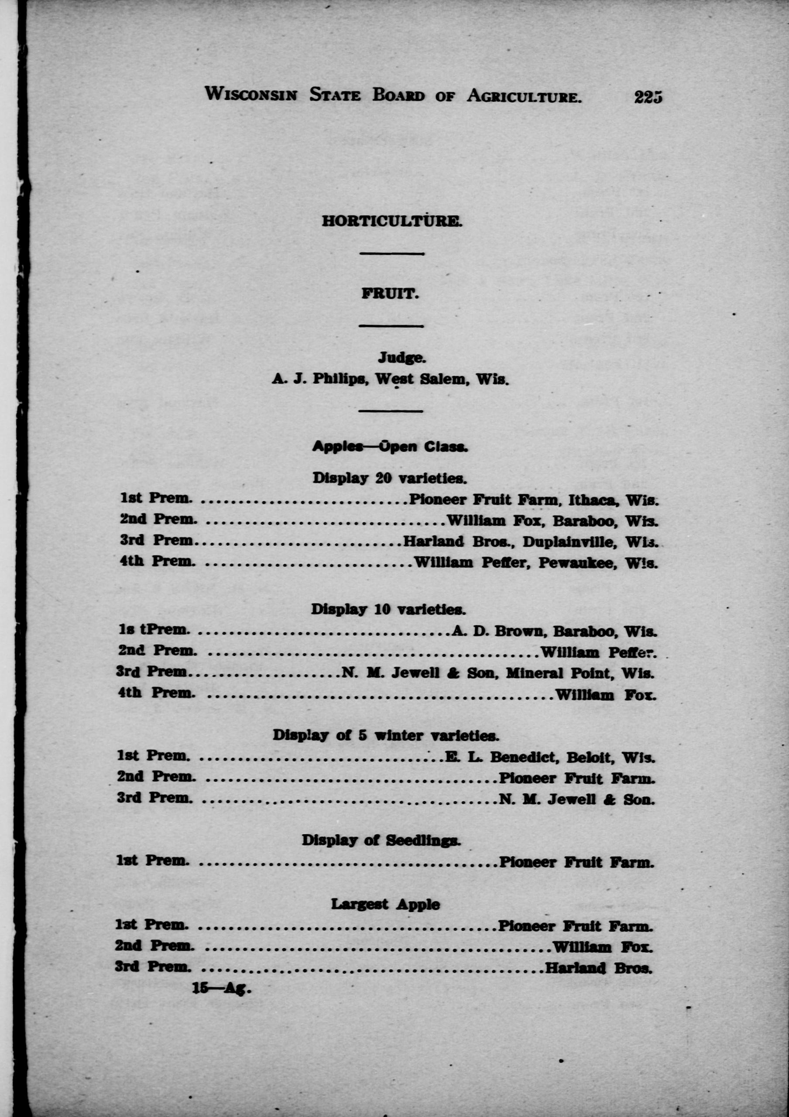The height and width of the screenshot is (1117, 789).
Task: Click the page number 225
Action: point(648,97)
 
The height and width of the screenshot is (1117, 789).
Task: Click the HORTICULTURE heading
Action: point(391,221)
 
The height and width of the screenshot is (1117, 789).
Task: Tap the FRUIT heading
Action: point(390,294)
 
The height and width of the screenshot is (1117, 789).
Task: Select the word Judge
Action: point(402,358)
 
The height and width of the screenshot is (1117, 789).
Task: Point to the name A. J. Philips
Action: point(319,379)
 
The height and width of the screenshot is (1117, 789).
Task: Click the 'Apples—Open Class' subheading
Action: point(390,447)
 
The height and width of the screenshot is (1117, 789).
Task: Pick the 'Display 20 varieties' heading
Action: point(389,478)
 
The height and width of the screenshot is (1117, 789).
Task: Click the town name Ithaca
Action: point(594,500)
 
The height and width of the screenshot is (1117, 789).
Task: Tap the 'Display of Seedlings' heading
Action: point(381,840)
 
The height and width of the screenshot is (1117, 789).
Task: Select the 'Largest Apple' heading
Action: point(385,905)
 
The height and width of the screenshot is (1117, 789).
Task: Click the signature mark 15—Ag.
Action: point(221,989)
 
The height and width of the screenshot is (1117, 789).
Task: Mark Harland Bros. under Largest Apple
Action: point(598,968)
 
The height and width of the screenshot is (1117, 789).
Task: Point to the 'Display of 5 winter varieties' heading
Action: point(386,735)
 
